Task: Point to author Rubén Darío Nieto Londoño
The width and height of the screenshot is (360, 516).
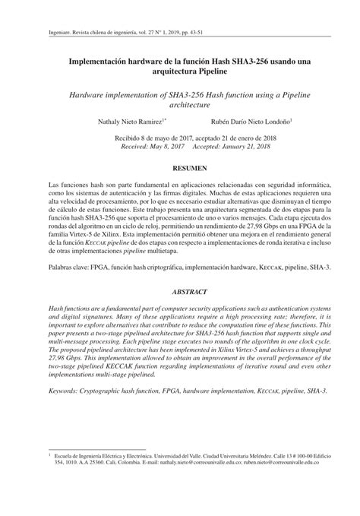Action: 255,121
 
